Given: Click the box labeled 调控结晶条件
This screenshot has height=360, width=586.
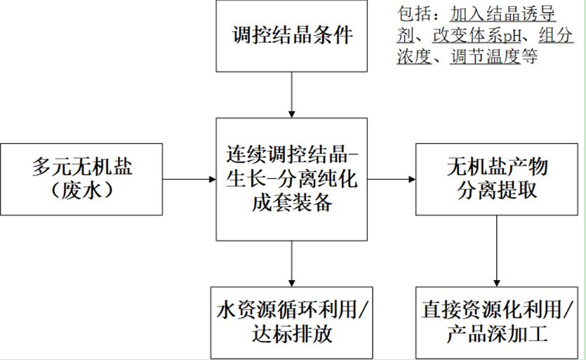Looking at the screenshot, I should (291, 36).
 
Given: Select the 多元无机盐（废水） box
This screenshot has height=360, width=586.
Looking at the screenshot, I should (81, 178).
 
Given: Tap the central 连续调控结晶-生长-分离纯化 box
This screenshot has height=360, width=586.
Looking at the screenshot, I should (291, 178).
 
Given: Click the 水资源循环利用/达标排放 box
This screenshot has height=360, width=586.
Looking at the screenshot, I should (291, 321).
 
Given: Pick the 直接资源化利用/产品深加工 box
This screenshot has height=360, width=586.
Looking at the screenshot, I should (497, 321).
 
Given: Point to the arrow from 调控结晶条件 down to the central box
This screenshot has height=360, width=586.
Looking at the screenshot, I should (291, 94).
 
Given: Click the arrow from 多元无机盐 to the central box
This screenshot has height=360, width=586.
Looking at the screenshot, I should (189, 179).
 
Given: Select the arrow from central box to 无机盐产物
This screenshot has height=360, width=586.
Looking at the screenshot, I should (391, 179).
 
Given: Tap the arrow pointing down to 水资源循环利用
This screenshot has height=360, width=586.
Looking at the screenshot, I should (291, 263).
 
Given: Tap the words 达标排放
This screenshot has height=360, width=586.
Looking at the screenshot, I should (291, 333).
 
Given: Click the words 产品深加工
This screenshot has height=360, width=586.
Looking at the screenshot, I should (497, 333).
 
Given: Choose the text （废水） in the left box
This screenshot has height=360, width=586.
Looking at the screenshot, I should (81, 190).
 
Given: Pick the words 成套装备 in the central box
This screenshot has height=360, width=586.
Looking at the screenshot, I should (291, 204).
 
